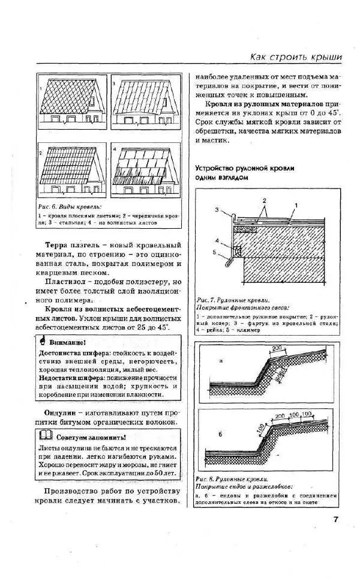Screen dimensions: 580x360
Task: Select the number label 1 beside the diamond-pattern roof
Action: click(40, 88)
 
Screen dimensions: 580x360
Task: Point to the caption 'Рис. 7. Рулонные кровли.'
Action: click(233, 299)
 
